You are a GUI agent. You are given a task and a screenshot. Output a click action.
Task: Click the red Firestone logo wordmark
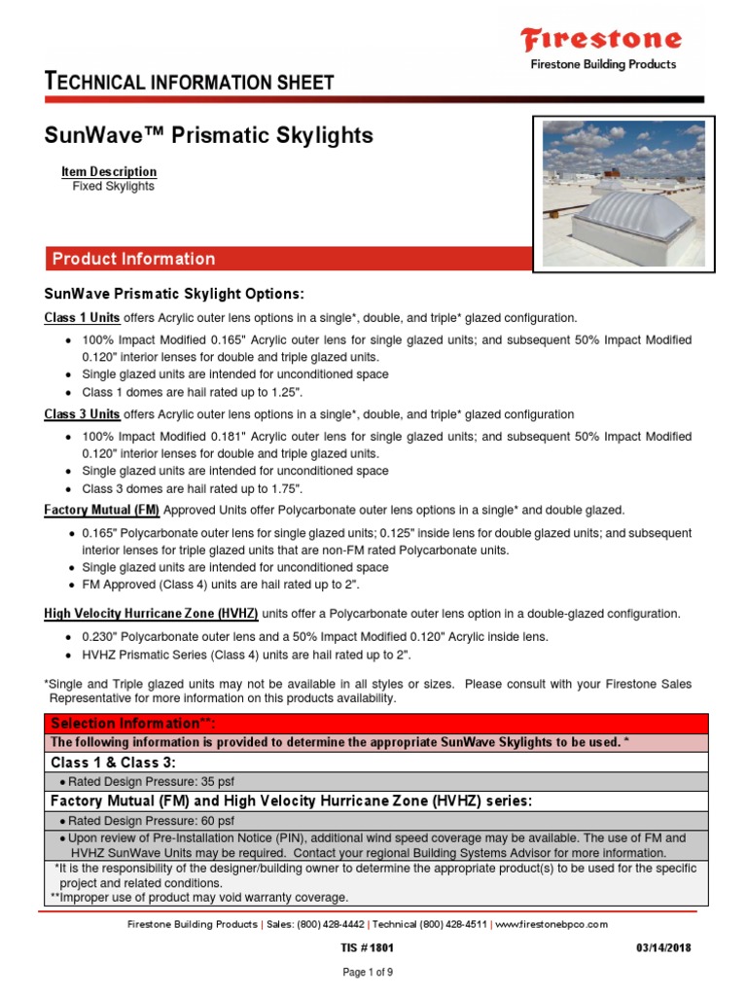point(600,40)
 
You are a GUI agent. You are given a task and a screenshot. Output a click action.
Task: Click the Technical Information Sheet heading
point(190,82)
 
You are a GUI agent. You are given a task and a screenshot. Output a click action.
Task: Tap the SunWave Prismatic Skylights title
point(209,135)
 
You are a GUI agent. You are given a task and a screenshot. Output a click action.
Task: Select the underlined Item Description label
point(109,171)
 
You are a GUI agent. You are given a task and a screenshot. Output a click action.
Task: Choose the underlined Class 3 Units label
point(83,413)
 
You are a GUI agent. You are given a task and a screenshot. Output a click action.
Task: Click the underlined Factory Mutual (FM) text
point(103,510)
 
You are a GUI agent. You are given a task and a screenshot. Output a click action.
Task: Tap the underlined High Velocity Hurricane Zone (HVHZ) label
point(152,614)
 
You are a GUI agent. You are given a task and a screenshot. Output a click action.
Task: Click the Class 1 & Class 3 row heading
point(113,763)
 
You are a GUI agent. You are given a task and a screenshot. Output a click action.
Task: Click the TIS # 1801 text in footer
point(359,947)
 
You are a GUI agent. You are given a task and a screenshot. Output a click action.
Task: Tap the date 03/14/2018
point(663,947)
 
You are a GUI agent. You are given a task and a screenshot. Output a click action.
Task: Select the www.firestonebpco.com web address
point(551,923)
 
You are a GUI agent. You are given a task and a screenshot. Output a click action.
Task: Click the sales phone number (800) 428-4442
point(328,923)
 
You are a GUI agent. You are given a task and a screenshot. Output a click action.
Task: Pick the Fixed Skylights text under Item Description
point(113,186)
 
